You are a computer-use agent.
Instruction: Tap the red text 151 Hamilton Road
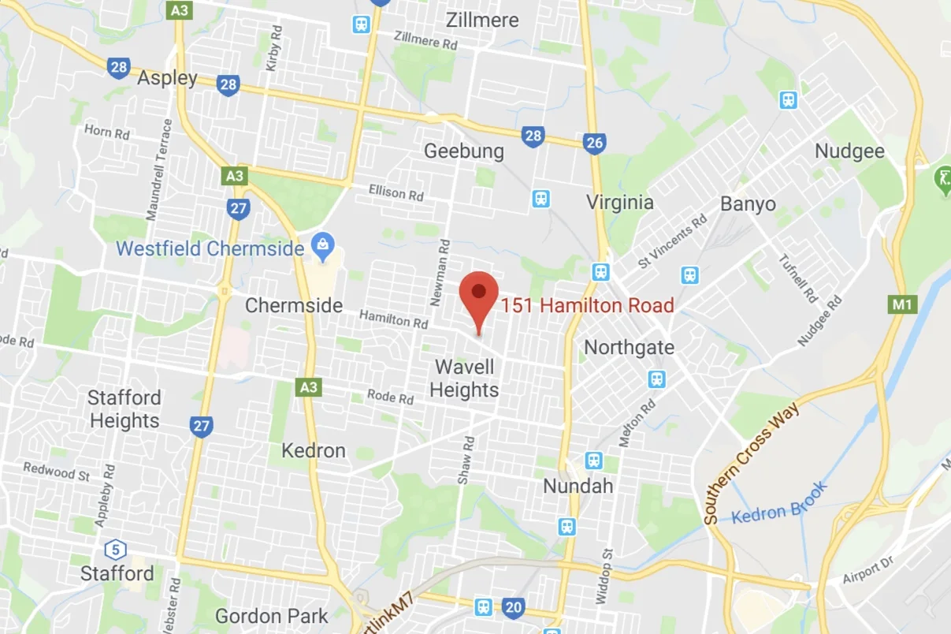click(x=587, y=305)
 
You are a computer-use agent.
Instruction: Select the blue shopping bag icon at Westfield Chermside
click(x=322, y=247)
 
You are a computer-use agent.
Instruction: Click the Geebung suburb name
click(x=463, y=151)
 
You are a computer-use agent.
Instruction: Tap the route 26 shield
click(x=595, y=143)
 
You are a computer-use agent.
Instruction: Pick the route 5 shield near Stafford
click(x=115, y=548)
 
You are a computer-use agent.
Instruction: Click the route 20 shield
click(x=514, y=607)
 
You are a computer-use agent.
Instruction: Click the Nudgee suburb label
click(x=849, y=151)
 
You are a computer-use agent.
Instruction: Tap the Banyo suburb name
click(x=748, y=203)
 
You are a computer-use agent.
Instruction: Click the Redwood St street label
click(x=56, y=472)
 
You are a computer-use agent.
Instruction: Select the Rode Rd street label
click(x=390, y=397)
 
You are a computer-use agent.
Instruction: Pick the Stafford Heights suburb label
click(x=124, y=408)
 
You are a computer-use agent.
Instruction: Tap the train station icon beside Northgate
click(x=656, y=379)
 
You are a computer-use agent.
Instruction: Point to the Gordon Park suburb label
click(x=271, y=615)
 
